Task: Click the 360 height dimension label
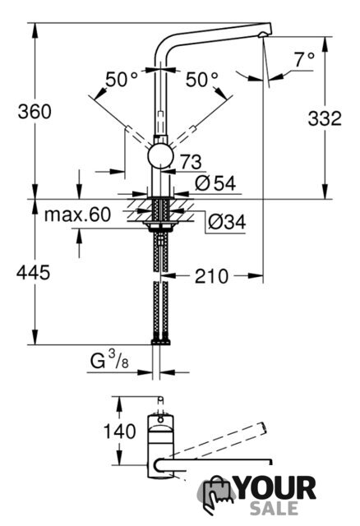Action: [35, 112]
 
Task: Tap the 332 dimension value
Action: [325, 118]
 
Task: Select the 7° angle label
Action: [305, 60]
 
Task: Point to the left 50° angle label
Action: [122, 80]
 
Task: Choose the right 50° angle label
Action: [202, 80]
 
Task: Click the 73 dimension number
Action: [191, 162]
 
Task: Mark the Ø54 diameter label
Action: [215, 183]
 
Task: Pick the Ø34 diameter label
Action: [227, 222]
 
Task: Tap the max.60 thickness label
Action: [77, 215]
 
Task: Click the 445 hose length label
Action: [33, 272]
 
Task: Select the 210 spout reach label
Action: [212, 276]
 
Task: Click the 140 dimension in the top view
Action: [120, 431]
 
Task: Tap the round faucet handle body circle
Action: [161, 156]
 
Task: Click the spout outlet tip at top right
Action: [265, 35]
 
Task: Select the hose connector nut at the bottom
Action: [161, 342]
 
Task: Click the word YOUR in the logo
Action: [276, 488]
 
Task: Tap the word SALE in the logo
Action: [275, 508]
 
